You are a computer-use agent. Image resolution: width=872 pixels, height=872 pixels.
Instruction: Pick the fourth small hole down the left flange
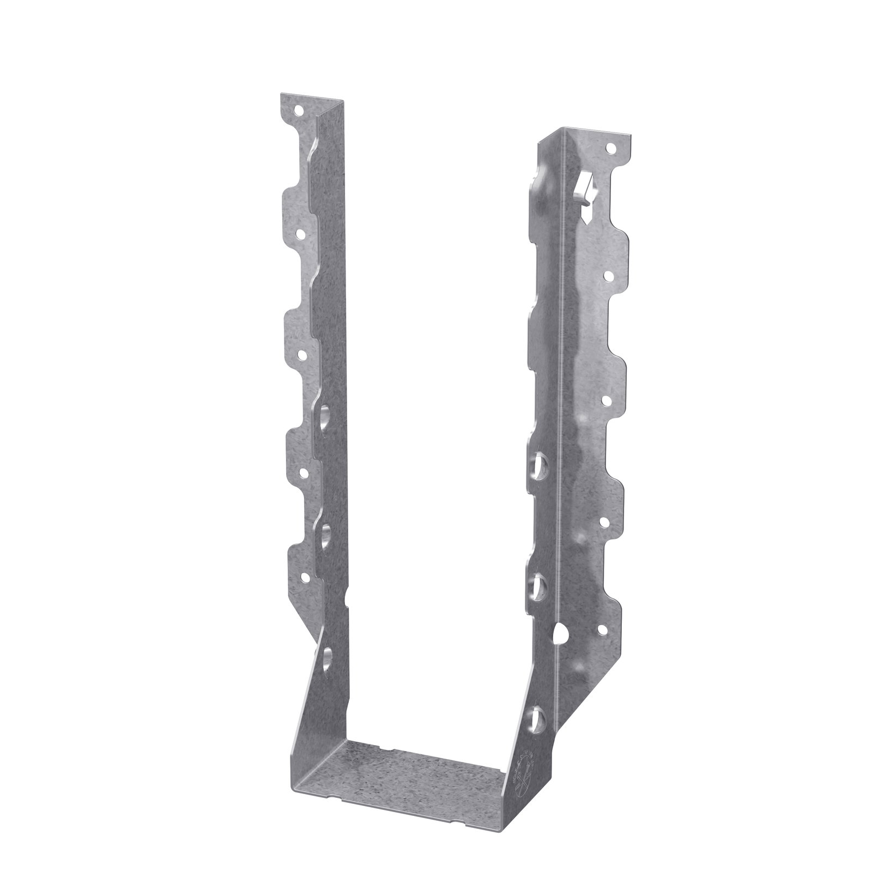coord(302,470)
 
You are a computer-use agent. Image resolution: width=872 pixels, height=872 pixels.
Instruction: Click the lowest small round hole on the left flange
coord(304,578)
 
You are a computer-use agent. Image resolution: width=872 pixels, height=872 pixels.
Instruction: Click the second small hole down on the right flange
coord(608,276)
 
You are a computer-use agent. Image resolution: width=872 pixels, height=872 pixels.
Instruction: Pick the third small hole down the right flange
coord(606,399)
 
